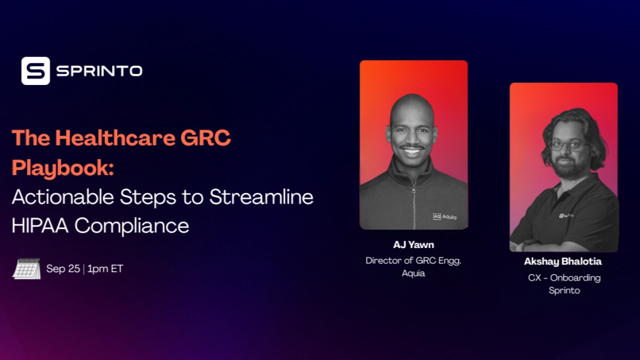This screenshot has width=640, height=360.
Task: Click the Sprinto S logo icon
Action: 35,71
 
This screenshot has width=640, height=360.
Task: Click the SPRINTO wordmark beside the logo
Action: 99,71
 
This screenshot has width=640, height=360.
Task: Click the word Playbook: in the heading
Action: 62,167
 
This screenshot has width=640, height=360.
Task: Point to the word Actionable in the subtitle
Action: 63,197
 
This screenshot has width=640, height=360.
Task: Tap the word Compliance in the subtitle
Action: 132,226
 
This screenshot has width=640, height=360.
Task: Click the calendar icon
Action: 26,269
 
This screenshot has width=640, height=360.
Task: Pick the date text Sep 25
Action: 63,269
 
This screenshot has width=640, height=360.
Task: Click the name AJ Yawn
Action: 413,245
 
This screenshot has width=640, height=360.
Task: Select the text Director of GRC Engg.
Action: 413,260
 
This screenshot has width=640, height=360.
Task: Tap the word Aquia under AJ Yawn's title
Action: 413,273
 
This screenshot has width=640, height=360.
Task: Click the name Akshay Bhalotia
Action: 563,261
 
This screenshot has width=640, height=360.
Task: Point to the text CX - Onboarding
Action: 564,277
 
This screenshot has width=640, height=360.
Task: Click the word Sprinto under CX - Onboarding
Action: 564,290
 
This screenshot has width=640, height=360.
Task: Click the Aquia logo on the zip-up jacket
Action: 444,216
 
